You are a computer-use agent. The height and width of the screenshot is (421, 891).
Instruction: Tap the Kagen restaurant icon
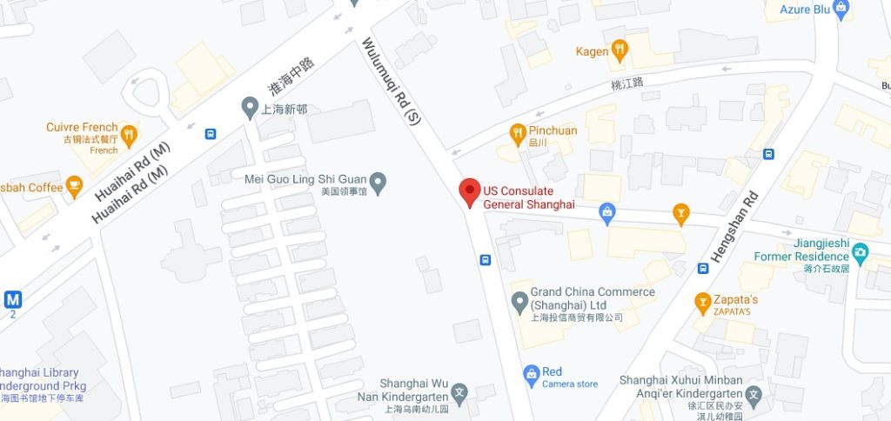point(620,50)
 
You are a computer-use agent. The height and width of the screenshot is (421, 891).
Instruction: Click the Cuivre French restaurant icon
point(129,134)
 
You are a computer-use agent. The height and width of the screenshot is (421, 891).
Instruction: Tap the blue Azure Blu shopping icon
point(841,9)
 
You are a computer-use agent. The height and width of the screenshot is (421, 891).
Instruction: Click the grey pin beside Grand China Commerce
point(519,302)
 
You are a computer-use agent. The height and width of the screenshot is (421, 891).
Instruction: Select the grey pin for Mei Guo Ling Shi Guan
point(378,183)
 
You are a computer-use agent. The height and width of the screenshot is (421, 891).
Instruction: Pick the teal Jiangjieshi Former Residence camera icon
point(861,253)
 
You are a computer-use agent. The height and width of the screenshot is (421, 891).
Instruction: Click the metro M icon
point(12,300)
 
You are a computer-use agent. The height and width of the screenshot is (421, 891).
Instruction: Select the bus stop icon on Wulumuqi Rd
point(486,259)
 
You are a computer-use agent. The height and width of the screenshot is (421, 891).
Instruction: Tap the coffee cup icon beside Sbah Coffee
point(74,186)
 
